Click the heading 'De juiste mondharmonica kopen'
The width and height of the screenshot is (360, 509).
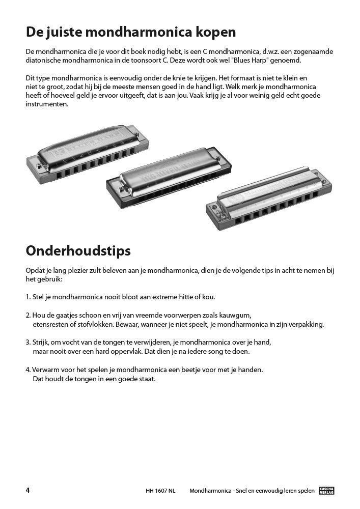tap(131, 33)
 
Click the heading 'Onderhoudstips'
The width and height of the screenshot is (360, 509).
tap(78, 251)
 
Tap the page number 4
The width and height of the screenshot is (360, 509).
tap(27, 490)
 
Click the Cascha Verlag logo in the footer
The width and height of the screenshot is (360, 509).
tap(326, 491)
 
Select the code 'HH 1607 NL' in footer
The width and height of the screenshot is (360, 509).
tap(160, 491)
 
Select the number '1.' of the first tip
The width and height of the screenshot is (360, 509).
tap(28, 297)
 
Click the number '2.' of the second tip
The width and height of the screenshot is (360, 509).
tap(28, 315)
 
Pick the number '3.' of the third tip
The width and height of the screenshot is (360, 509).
tap(28, 342)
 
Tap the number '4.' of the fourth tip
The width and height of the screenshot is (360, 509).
tap(28, 370)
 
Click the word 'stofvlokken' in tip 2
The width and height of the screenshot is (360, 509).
tap(87, 324)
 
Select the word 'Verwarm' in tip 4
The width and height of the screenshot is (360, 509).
tap(45, 370)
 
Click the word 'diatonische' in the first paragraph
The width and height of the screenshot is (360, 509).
tap(43, 61)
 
